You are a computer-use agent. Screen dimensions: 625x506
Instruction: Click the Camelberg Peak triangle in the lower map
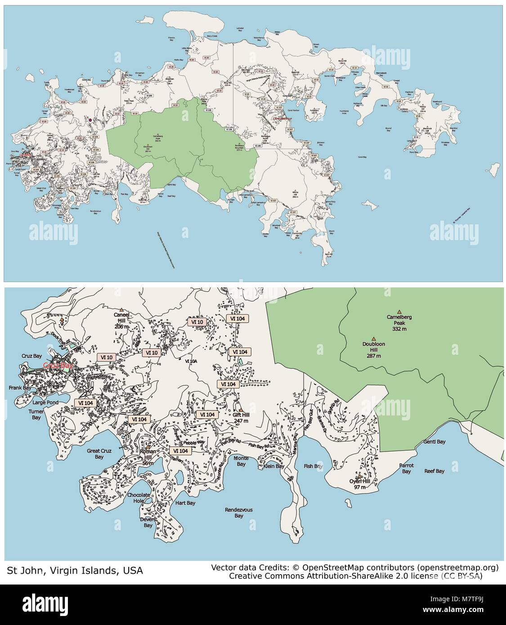coord(399,311)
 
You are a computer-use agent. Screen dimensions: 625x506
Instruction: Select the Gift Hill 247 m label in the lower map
coord(241,418)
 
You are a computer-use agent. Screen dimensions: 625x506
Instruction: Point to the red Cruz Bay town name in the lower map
coord(58,366)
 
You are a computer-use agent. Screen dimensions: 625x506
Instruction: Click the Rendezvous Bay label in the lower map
coord(239,513)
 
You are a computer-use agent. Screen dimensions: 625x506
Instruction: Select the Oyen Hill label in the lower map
coord(359,484)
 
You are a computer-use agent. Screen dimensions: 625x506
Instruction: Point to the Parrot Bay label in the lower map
coord(407,469)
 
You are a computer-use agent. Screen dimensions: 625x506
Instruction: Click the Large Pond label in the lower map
coord(45,402)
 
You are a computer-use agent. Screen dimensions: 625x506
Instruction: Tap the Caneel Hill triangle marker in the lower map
coord(121,309)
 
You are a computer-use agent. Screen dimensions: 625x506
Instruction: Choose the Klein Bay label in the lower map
coord(273,466)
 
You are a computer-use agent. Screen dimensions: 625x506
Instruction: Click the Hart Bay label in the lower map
coord(185,503)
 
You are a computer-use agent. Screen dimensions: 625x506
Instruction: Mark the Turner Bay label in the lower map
coord(36,415)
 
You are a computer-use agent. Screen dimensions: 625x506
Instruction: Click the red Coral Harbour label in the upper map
coord(283,118)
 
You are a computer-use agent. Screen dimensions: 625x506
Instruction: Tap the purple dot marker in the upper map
coord(90,120)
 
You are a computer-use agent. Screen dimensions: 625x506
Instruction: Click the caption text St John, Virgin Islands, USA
coord(75,571)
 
